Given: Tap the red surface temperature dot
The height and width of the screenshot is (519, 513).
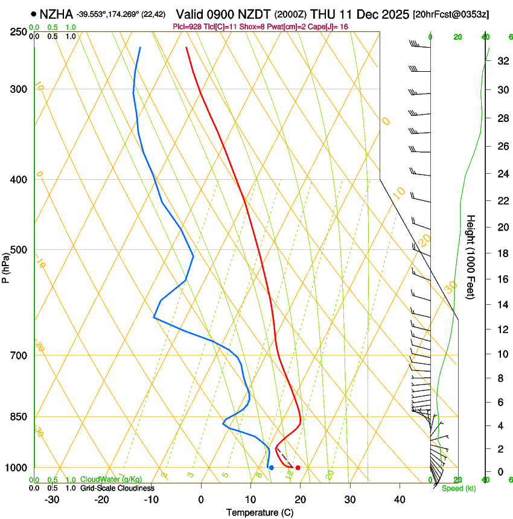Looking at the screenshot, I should (x=298, y=468).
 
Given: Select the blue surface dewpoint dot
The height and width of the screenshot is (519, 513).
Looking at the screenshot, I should (x=272, y=468).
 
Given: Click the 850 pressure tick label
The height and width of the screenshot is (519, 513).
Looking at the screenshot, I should (x=18, y=417).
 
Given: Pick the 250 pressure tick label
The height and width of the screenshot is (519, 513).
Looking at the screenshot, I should (x=18, y=32).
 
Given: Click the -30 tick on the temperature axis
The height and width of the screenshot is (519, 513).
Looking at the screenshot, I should (x=52, y=500).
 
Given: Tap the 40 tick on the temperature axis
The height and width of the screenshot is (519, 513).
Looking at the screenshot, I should (x=400, y=500).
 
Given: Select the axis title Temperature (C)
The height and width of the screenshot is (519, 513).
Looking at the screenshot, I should (x=260, y=512).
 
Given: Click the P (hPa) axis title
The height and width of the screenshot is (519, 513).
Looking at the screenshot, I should (x=5, y=267).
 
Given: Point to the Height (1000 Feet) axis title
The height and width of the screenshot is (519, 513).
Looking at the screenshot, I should (x=471, y=256).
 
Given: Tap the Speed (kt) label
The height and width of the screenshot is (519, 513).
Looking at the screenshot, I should (x=458, y=488).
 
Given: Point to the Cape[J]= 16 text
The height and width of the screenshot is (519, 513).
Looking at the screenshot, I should (x=328, y=27).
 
